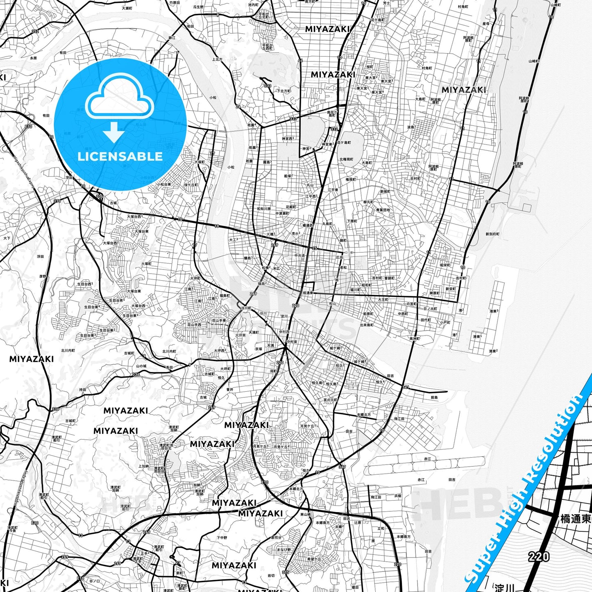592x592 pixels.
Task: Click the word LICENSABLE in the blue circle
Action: pos(120,157)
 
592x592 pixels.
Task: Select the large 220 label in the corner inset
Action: pos(539,556)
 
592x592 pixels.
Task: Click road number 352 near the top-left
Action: pos(35,31)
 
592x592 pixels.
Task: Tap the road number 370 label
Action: pos(57,201)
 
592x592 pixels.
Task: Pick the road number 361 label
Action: pos(406,387)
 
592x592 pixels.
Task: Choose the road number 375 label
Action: pos(286,572)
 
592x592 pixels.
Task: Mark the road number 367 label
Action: pos(342,467)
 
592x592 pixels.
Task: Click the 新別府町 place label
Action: pos(492,234)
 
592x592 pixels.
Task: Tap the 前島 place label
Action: pos(434,397)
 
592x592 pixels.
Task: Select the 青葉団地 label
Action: pos(383,210)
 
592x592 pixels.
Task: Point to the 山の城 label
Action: pos(141,366)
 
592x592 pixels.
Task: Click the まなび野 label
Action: pos(295,549)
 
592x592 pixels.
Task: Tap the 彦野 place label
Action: pos(43,276)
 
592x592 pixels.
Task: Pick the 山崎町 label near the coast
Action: pos(534,61)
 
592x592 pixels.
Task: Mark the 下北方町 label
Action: pos(283,91)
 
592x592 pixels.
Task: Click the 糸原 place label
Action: pos(33,58)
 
